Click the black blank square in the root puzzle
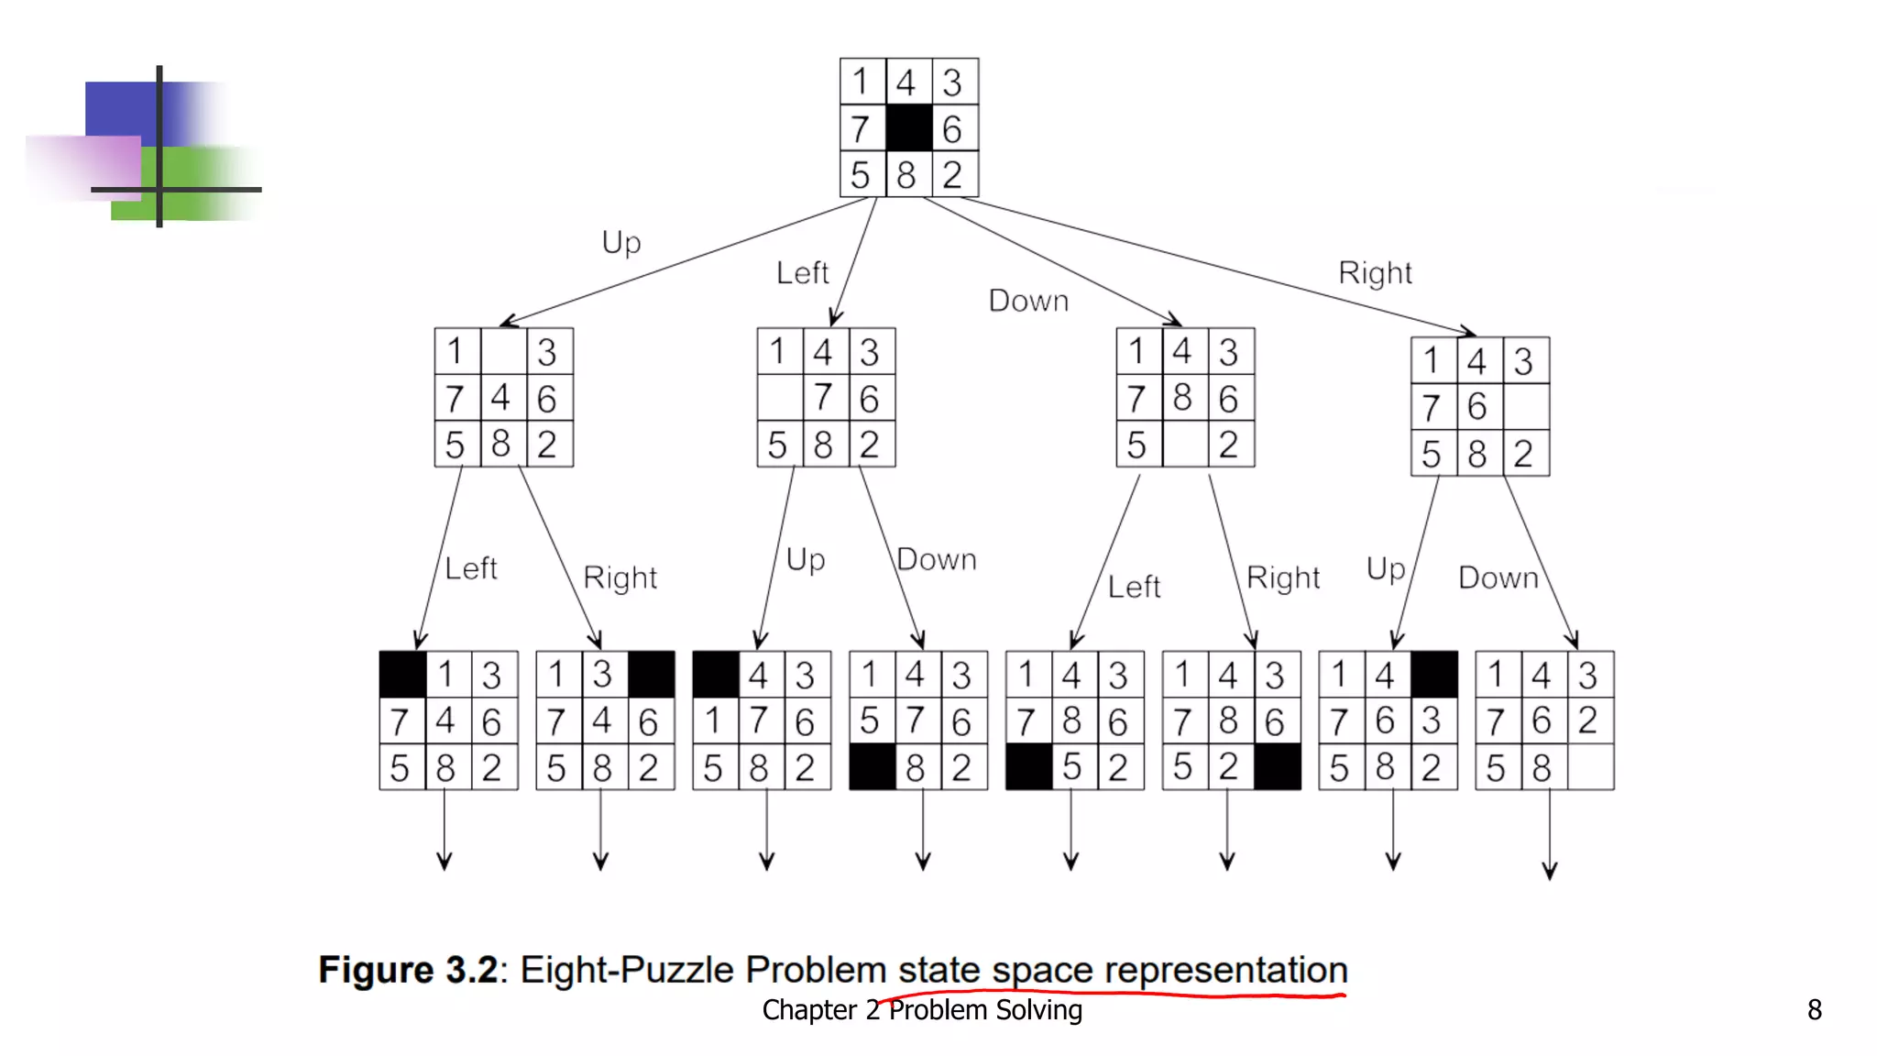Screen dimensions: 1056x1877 pos(908,127)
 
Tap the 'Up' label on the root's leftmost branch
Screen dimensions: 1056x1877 pos(621,243)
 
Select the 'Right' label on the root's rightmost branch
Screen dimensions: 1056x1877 pos(1375,273)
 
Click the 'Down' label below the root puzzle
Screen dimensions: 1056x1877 pos(1028,301)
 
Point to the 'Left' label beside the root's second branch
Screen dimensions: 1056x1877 pos(802,273)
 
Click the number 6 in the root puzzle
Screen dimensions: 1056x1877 pos(952,128)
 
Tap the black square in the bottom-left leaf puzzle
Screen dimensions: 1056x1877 pos(402,675)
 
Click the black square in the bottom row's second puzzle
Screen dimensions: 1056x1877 pos(651,675)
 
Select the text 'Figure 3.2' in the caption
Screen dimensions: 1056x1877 pos(408,970)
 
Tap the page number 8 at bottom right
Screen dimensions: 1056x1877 pos(1814,1009)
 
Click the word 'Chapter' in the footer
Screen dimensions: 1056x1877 pos(809,1010)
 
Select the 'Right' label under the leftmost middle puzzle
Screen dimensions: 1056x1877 pos(620,578)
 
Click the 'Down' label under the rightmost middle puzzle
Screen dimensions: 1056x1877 pos(1498,578)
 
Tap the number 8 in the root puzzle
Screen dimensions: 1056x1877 pos(906,174)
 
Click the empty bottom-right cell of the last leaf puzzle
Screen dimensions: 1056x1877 pos(1590,767)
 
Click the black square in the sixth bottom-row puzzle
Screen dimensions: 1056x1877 pos(1277,767)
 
